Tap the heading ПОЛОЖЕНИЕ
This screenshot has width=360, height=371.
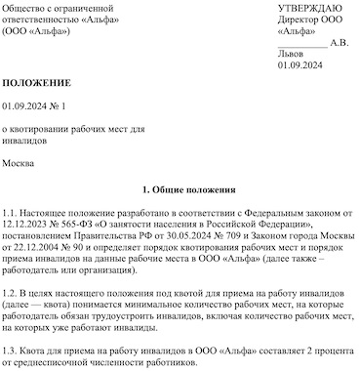click(x=35, y=87)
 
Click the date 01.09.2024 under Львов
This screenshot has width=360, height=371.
click(x=300, y=66)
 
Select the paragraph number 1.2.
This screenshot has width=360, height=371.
click(x=9, y=294)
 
